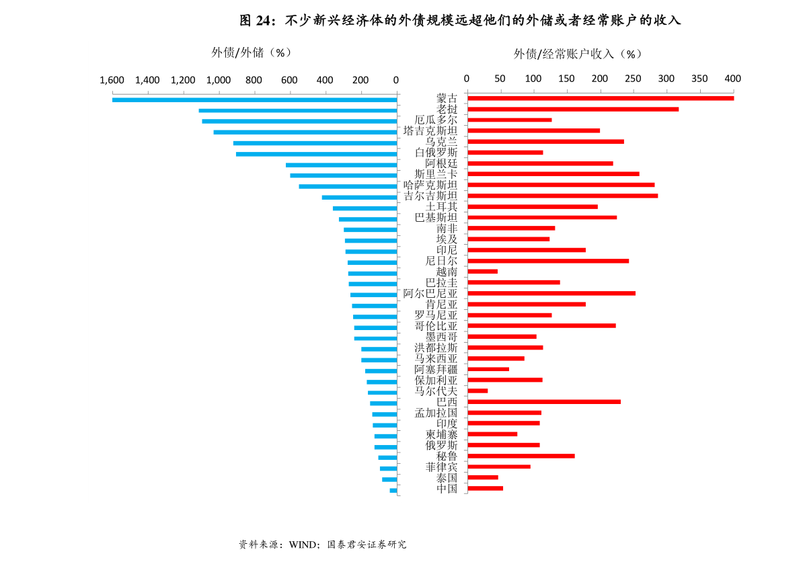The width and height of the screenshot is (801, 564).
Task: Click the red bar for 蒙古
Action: coord(600,98)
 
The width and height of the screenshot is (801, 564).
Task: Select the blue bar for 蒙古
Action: coord(254,99)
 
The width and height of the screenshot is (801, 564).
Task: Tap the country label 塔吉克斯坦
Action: coord(430,131)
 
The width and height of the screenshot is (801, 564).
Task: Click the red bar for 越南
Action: coord(482,272)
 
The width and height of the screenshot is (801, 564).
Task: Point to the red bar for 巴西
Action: coord(543,402)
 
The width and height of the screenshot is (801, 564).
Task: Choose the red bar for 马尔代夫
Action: coord(478,391)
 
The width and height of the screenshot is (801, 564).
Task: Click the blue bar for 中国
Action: coord(393,491)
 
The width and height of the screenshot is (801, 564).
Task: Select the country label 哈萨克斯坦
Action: coord(430,185)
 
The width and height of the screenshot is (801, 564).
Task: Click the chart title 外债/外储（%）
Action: coord(252,52)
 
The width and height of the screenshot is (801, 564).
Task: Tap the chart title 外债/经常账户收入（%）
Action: coord(578,54)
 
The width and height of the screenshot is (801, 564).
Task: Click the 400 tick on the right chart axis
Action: coord(732,79)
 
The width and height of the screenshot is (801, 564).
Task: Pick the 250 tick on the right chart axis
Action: coord(633,79)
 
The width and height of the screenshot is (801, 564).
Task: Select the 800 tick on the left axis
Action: coord(254,80)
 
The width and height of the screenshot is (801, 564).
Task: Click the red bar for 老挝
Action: coord(572,109)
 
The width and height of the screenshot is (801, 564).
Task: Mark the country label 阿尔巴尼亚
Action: coord(430,293)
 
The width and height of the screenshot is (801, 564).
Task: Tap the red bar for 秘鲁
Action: coord(521,456)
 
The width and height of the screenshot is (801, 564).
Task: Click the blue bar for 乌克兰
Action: coord(315,143)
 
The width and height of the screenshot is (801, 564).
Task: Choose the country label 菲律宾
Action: coord(441,467)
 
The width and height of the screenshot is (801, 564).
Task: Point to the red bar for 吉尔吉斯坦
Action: coord(562,196)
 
